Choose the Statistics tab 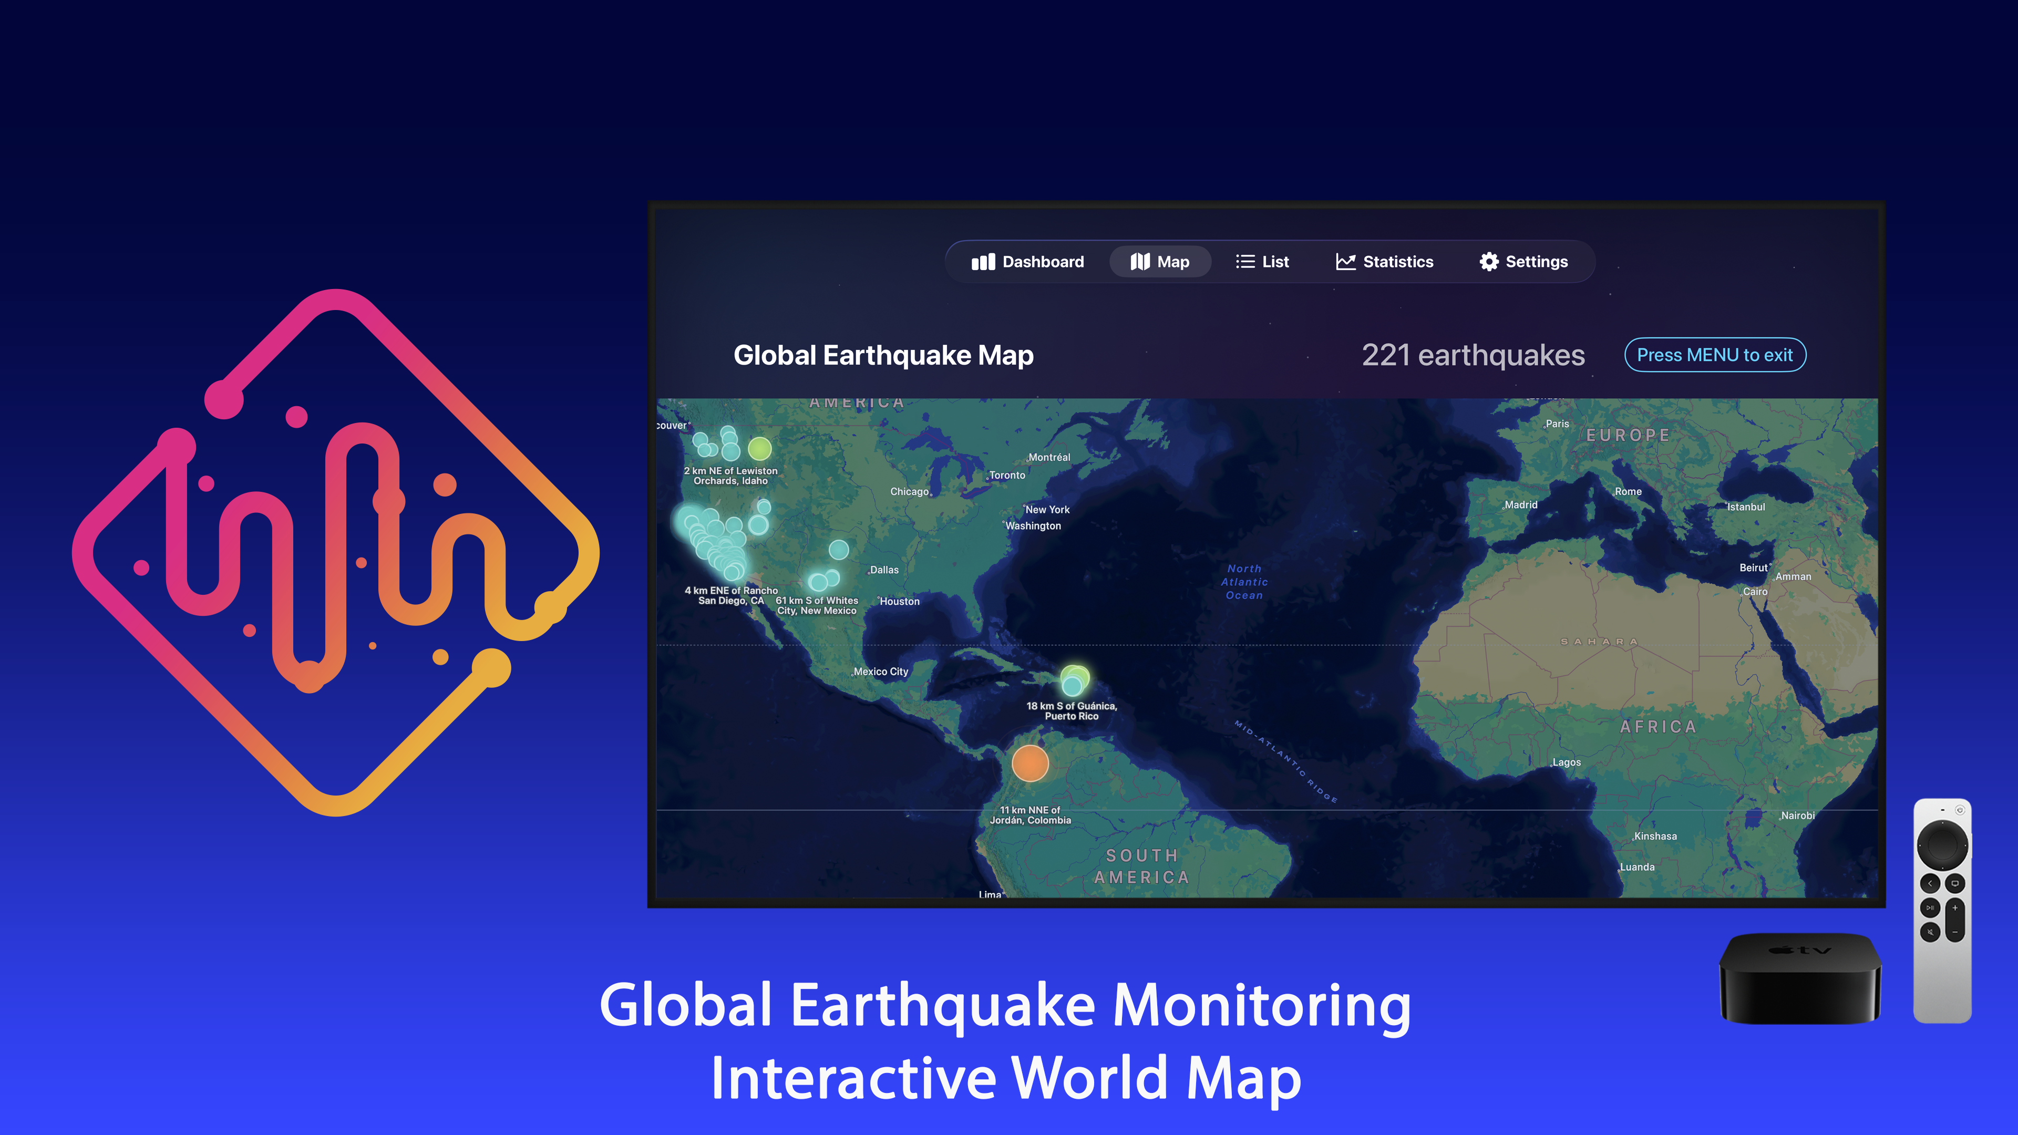(x=1384, y=262)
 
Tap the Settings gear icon (x=1488, y=262)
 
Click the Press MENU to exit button (x=1715, y=355)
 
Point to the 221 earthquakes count (x=1473, y=355)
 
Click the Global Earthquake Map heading (x=883, y=355)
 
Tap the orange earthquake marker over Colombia (x=1029, y=763)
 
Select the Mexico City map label (x=881, y=672)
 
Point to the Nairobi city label (x=1797, y=816)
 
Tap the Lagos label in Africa (x=1566, y=762)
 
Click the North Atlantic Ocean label (x=1244, y=582)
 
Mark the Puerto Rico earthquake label (x=1071, y=710)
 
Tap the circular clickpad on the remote (x=1942, y=844)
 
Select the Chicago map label (x=909, y=492)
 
